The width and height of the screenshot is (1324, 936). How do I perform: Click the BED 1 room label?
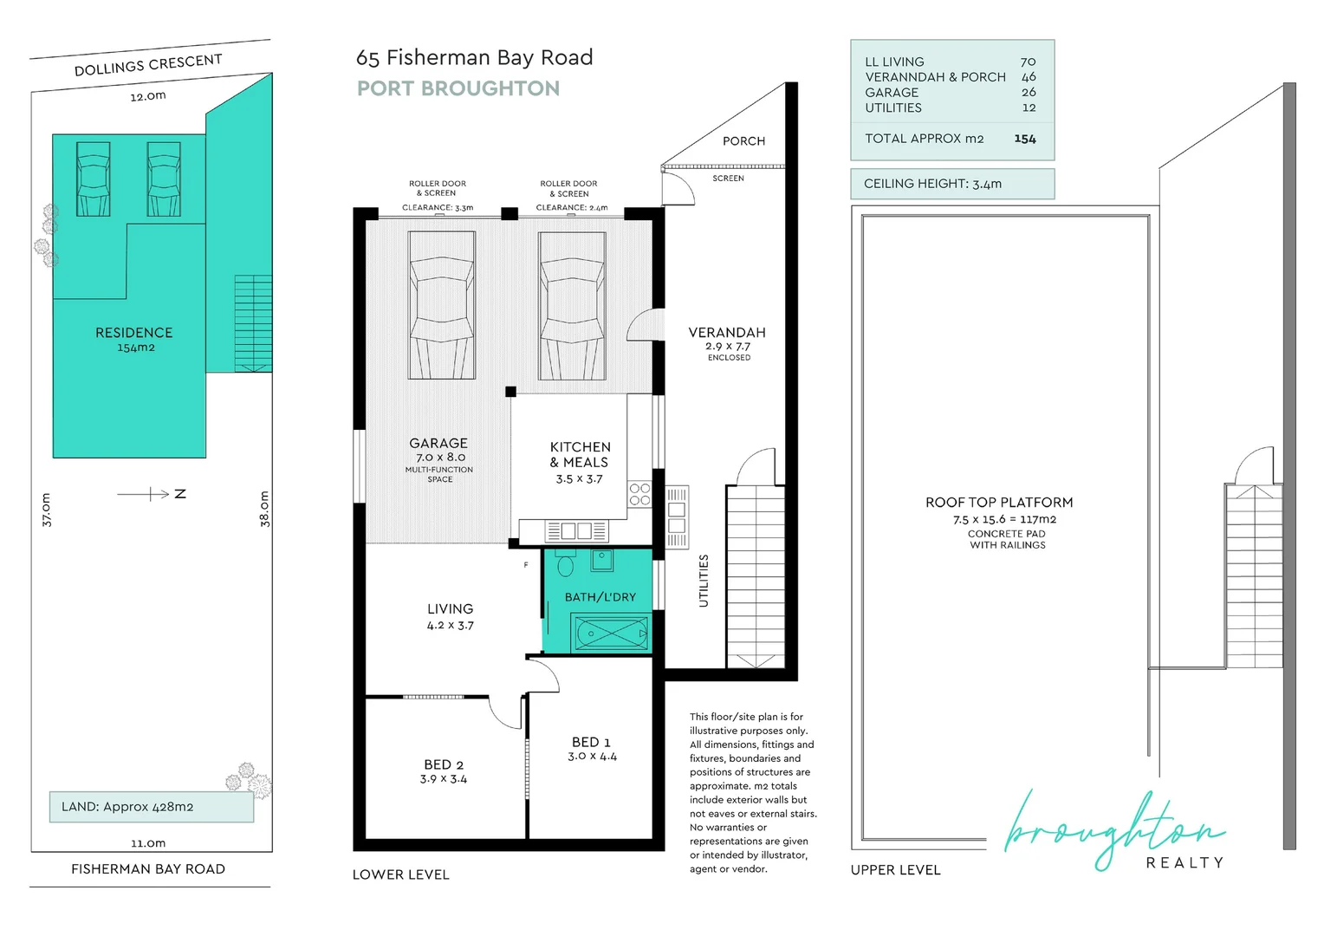pyautogui.click(x=591, y=742)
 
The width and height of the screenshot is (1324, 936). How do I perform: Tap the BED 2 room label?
pyautogui.click(x=444, y=764)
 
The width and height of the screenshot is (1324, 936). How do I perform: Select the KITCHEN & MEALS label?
pyautogui.click(x=580, y=454)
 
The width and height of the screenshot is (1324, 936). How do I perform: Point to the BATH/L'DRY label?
pyautogui.click(x=600, y=597)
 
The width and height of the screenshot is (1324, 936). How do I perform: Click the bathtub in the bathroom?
pyautogui.click(x=611, y=634)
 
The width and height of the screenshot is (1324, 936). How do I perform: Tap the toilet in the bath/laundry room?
pyautogui.click(x=565, y=565)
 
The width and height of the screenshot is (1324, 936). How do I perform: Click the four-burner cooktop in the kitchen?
pyautogui.click(x=639, y=495)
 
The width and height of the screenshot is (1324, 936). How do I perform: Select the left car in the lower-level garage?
pyautogui.click(x=442, y=305)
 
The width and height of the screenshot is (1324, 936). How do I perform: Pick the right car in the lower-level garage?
pyautogui.click(x=571, y=305)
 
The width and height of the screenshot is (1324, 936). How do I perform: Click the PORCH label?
pyautogui.click(x=743, y=141)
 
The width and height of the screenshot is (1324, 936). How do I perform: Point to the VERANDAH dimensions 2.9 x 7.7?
pyautogui.click(x=727, y=346)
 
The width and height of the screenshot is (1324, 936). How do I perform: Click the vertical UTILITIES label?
pyautogui.click(x=704, y=581)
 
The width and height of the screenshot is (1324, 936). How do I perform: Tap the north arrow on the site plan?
pyautogui.click(x=153, y=494)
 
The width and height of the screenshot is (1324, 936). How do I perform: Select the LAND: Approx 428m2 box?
pyautogui.click(x=152, y=807)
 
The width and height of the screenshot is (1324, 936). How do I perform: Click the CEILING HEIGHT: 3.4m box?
pyautogui.click(x=951, y=184)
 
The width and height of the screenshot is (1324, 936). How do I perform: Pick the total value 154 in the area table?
pyautogui.click(x=1025, y=139)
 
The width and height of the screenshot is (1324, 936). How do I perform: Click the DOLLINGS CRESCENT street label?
pyautogui.click(x=148, y=65)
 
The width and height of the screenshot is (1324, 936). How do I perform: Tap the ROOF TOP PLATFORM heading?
pyautogui.click(x=998, y=503)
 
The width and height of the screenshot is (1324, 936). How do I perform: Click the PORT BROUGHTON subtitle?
pyautogui.click(x=458, y=88)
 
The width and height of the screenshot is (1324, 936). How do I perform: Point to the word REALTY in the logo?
pyautogui.click(x=1184, y=862)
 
